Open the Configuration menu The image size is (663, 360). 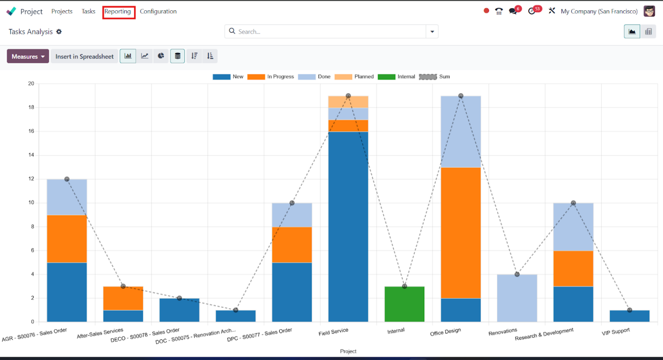(x=158, y=12)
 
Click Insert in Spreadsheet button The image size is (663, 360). (x=84, y=57)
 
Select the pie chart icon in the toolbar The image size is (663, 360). (x=161, y=56)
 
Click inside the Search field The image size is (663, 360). (x=328, y=32)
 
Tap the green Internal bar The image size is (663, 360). (x=404, y=304)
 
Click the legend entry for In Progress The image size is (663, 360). (x=271, y=77)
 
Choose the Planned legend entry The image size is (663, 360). (x=354, y=77)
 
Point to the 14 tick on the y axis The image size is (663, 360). (x=31, y=155)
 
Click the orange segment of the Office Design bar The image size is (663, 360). (x=461, y=233)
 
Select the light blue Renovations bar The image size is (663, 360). (x=517, y=298)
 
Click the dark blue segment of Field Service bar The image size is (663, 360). (x=348, y=227)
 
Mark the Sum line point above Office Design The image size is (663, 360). (x=461, y=96)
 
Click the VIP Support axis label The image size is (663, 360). (x=616, y=332)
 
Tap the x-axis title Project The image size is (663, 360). (x=348, y=351)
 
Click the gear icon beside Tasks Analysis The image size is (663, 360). (x=59, y=32)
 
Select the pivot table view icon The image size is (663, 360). (x=648, y=32)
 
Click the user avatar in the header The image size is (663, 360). (x=649, y=11)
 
